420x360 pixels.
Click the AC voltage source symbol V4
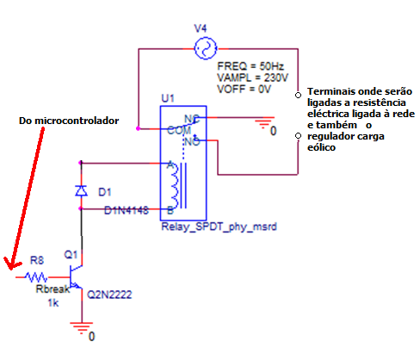(206, 48)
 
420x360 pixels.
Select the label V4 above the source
(201, 28)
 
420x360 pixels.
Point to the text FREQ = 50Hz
(250, 66)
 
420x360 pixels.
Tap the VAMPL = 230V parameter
(252, 78)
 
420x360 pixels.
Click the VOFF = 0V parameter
(244, 89)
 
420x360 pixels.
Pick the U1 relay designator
(168, 98)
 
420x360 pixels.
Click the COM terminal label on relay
(179, 130)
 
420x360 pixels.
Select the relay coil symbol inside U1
(178, 185)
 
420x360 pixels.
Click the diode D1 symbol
(81, 190)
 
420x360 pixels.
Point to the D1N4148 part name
(127, 210)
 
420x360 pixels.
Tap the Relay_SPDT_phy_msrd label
(219, 227)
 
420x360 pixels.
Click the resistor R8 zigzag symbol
(36, 277)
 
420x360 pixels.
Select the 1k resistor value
(53, 303)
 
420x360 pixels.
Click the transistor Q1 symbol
(76, 277)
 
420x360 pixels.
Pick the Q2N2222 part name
(109, 295)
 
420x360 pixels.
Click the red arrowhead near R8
(11, 264)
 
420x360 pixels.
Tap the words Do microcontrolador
(69, 121)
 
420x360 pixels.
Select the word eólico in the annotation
(321, 147)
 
